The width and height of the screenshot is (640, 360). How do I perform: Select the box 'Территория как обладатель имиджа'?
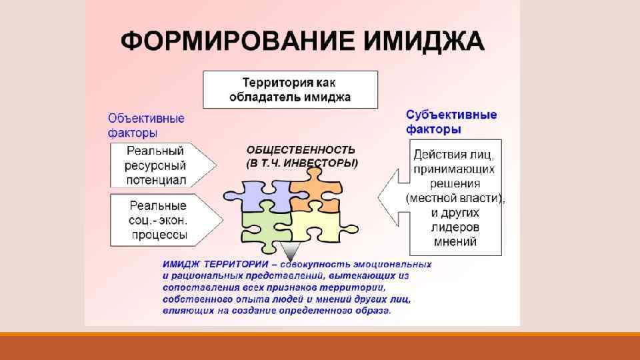click(290, 89)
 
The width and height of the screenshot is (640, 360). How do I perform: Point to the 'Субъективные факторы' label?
click(451, 121)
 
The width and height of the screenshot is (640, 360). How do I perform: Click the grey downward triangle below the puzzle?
click(289, 251)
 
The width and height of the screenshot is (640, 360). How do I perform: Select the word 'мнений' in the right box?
click(455, 242)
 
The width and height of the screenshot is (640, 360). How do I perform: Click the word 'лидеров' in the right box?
click(455, 227)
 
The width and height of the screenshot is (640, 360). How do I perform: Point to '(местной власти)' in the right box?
click(455, 198)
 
